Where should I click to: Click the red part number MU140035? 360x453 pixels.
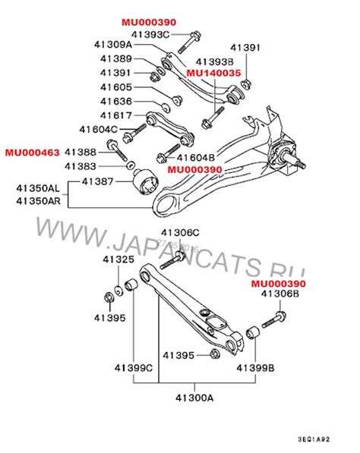214,73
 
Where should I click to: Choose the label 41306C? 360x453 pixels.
179,231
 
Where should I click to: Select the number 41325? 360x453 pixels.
118,260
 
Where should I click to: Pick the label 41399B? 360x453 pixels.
253,367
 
